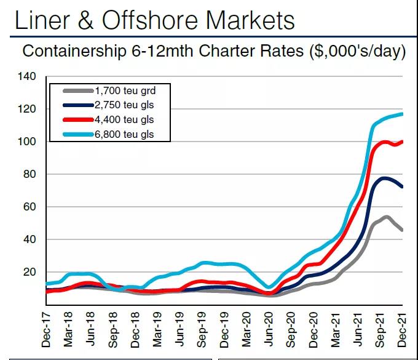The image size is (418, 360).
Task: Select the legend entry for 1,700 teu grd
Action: coord(122,92)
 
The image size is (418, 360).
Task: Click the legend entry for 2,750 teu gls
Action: coord(122,106)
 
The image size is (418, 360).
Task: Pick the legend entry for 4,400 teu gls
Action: coord(122,119)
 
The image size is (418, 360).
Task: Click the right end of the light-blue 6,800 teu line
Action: coord(402,114)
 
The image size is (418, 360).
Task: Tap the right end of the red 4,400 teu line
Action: coord(402,142)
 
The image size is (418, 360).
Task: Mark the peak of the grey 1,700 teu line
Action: coord(386,217)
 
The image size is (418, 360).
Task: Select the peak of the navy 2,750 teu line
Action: coord(384,178)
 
